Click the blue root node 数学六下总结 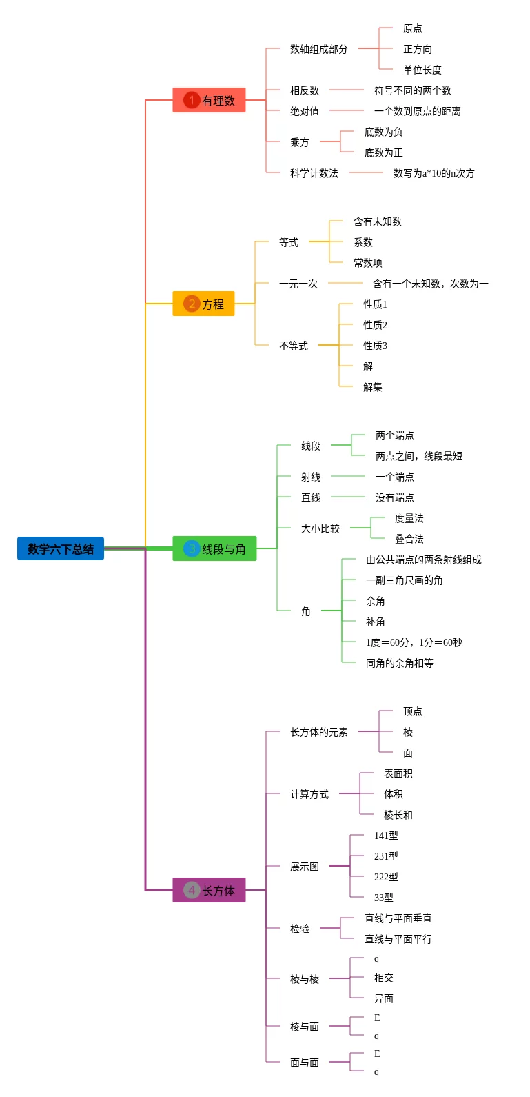(61, 549)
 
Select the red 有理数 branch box (209, 101)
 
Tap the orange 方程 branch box (203, 304)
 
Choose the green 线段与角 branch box (214, 549)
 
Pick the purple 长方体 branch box (209, 891)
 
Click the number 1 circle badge (191, 100)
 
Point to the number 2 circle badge (191, 304)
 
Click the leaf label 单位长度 (422, 70)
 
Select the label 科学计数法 (314, 173)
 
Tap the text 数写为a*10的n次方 (434, 173)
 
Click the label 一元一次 (298, 284)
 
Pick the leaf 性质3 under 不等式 (375, 346)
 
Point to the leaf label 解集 (372, 387)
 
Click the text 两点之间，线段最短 (418, 456)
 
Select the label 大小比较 (320, 528)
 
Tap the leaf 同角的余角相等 (399, 663)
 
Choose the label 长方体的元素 (318, 732)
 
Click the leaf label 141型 (386, 836)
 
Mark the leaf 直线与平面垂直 (398, 918)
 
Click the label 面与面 (304, 1063)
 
